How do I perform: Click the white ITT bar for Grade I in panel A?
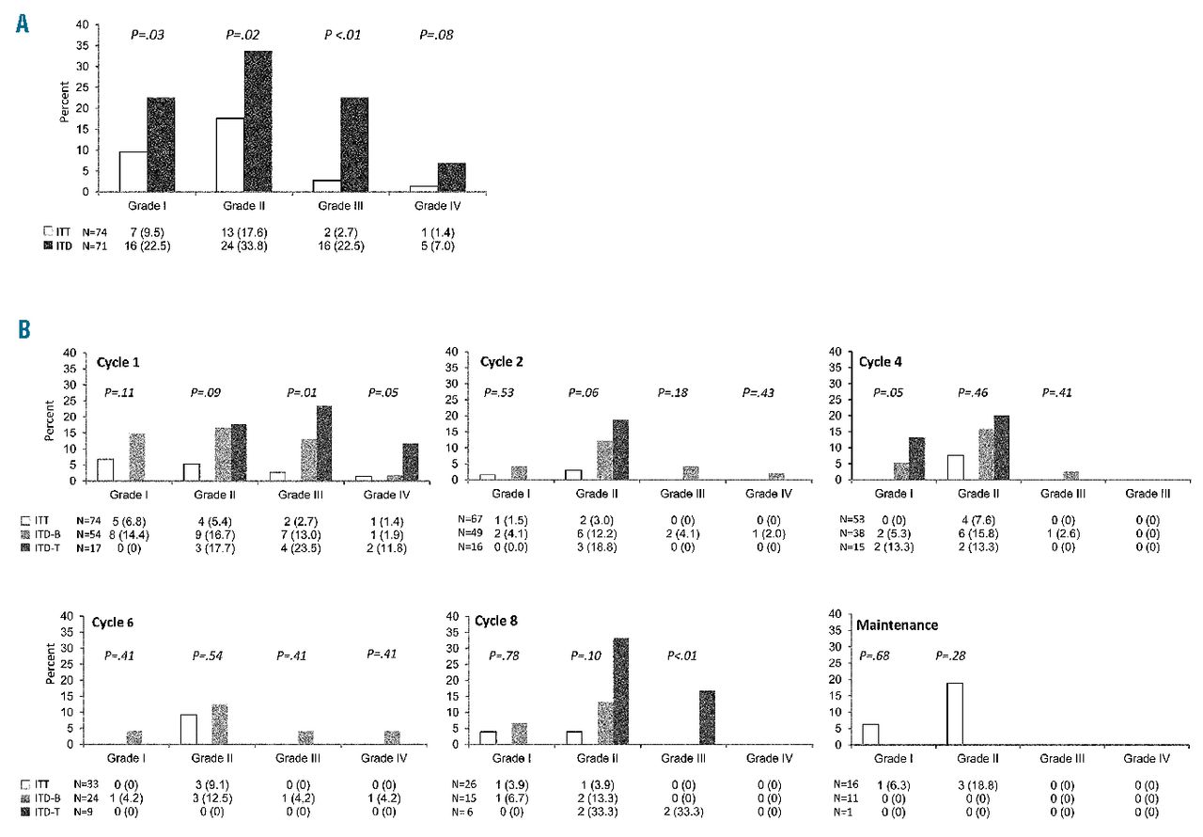click(x=133, y=171)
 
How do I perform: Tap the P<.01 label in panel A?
click(x=342, y=36)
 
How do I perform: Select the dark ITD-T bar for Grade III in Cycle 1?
click(x=324, y=443)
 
